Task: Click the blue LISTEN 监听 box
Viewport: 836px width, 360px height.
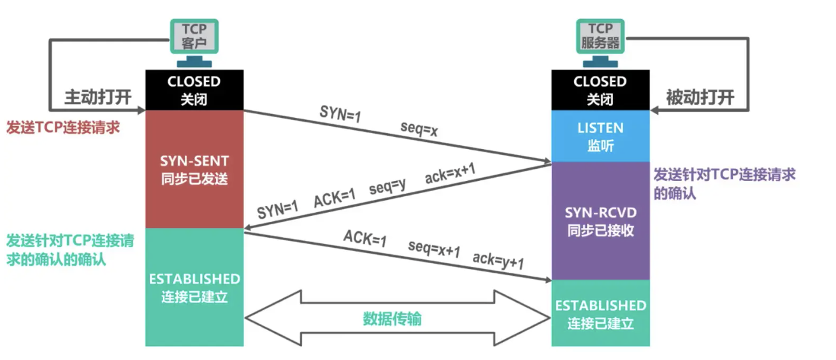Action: [x=600, y=136]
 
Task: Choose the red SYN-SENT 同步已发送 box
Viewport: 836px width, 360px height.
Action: [x=194, y=169]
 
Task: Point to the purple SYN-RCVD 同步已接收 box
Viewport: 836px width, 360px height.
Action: [x=600, y=220]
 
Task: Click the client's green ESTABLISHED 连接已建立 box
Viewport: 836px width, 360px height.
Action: [x=194, y=287]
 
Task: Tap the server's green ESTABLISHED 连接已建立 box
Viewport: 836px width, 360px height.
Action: [x=600, y=313]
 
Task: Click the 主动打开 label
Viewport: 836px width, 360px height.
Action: [x=97, y=97]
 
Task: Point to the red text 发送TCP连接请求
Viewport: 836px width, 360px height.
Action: [x=62, y=127]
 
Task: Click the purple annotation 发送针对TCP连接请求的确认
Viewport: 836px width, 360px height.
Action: [x=724, y=184]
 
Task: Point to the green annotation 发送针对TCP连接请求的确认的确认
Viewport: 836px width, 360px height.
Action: [x=70, y=250]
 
